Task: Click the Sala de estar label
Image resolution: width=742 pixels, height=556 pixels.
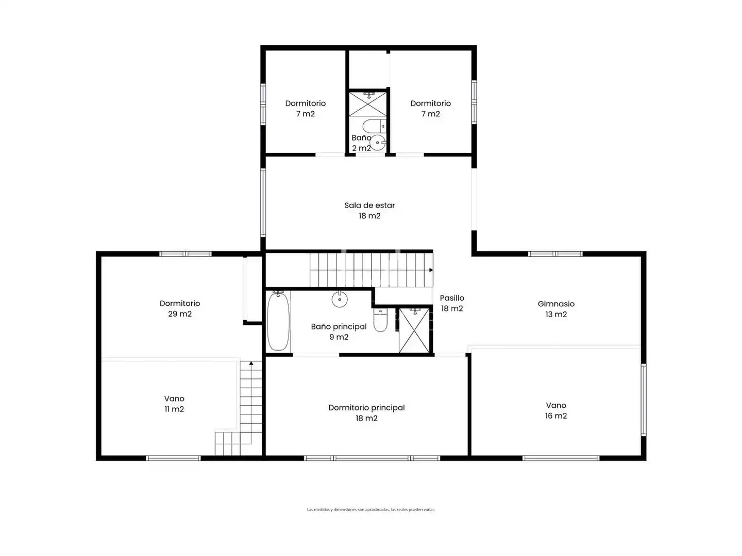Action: tap(369, 205)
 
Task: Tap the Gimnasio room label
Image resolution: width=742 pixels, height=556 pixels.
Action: tap(556, 304)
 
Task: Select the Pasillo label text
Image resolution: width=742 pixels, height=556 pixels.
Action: tap(451, 298)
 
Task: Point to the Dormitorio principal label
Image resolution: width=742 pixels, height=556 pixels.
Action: tap(366, 408)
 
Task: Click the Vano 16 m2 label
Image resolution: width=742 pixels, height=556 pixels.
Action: tap(556, 410)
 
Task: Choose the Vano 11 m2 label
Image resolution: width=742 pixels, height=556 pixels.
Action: tap(174, 404)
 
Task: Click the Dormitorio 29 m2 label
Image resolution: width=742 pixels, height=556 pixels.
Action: tap(180, 308)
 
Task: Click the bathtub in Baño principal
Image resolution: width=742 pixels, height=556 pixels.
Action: tap(278, 321)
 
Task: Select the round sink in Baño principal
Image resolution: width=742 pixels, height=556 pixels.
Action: tap(340, 299)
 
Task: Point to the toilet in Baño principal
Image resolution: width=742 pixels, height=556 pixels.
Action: tap(380, 320)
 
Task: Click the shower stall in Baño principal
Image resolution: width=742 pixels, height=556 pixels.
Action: tap(414, 330)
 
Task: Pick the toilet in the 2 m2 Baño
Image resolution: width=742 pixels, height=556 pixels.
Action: tap(375, 126)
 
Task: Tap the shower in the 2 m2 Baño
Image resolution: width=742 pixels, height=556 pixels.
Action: tap(367, 104)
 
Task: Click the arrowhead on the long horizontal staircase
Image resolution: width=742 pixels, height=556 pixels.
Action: tap(431, 270)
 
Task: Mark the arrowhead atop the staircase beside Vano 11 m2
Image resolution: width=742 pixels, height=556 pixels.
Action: tap(251, 363)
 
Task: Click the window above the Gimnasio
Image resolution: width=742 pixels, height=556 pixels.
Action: tap(555, 254)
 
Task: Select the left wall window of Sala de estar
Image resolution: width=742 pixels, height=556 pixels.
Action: tap(263, 202)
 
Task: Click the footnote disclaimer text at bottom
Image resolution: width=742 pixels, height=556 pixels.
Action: tap(371, 510)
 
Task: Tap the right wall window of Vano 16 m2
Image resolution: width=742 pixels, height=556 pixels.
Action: tap(644, 399)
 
